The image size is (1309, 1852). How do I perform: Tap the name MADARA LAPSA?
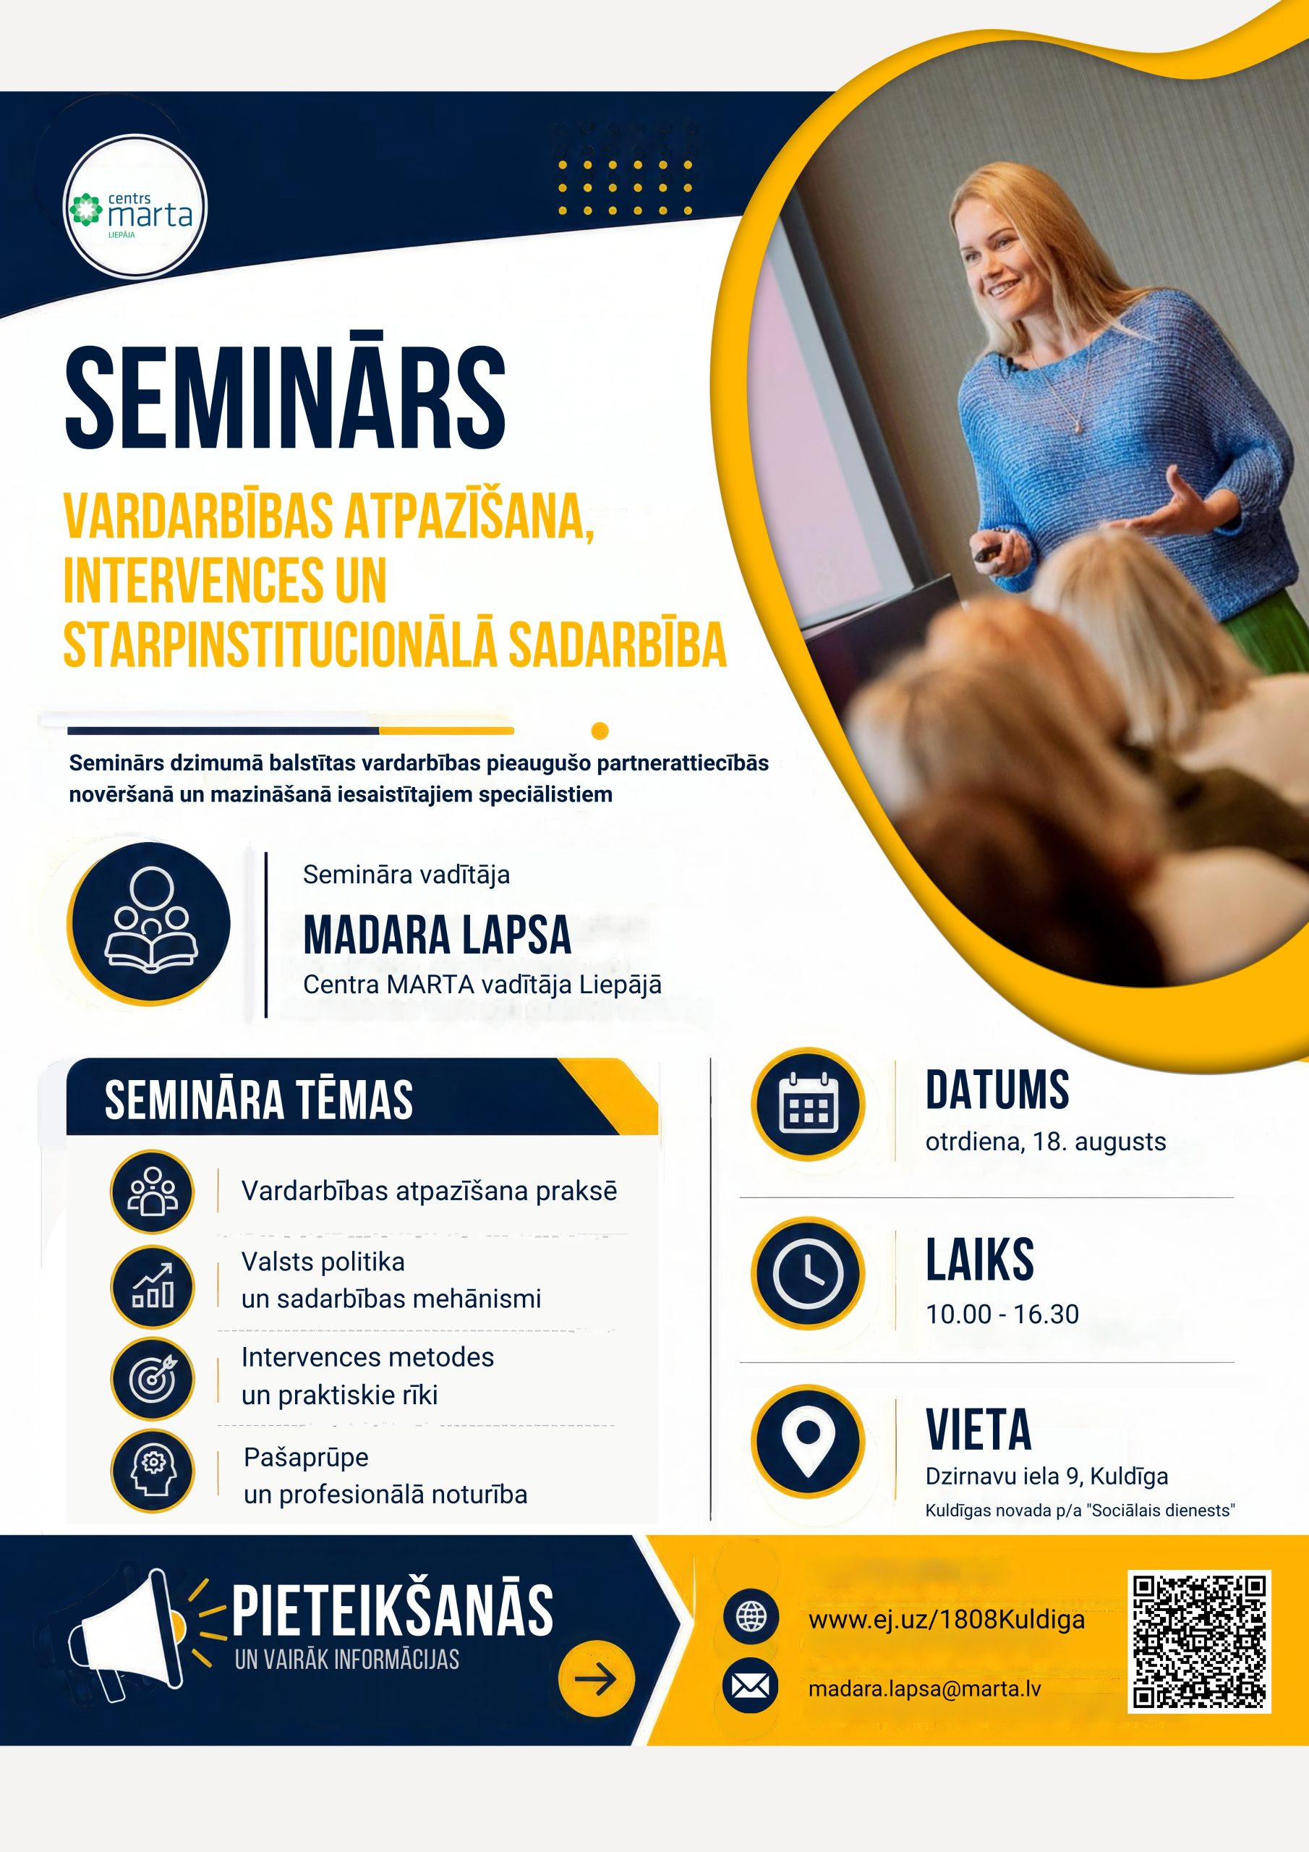point(437,935)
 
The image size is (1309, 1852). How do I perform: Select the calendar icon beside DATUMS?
point(807,1103)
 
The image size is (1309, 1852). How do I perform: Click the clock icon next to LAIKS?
point(807,1274)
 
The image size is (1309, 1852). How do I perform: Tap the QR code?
point(1199,1641)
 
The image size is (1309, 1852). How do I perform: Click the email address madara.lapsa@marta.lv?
point(924,1689)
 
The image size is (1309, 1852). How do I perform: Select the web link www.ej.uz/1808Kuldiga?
point(946,1620)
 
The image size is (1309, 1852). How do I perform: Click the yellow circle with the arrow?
point(596,1678)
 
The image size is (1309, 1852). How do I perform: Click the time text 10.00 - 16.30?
point(1002,1314)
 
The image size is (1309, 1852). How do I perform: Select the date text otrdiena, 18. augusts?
point(1045,1142)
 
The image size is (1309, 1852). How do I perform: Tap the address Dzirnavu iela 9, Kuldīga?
point(1046,1476)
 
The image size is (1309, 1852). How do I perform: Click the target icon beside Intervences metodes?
point(153,1379)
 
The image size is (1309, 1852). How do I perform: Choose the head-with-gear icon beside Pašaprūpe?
point(153,1471)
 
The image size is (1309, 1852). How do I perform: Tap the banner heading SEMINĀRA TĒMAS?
point(258,1100)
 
